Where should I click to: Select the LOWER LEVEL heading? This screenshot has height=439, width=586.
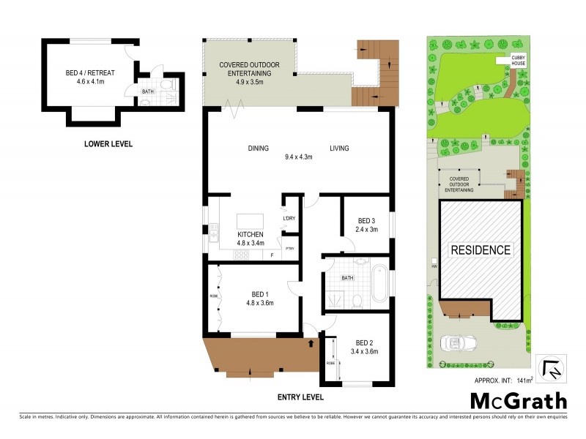(108, 144)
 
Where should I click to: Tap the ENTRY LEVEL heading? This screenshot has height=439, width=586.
(300, 397)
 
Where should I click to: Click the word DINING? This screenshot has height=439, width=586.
(258, 149)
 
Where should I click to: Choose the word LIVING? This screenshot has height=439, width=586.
(338, 149)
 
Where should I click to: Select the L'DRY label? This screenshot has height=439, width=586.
(289, 219)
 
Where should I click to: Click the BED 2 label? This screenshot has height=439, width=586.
(365, 342)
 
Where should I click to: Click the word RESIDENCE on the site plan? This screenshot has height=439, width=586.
(481, 249)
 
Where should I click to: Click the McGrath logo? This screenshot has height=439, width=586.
(518, 401)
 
